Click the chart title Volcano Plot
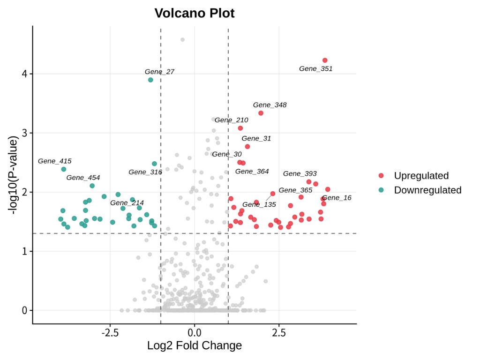point(195,13)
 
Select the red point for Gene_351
point(325,60)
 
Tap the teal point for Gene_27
point(150,80)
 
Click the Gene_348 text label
point(270,105)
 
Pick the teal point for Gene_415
point(64,169)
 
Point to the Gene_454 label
point(83,178)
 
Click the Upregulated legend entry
point(421,176)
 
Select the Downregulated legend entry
point(427,190)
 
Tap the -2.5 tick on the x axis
point(110,333)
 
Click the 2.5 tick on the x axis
point(279,333)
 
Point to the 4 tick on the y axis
point(25,74)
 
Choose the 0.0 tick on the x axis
point(195,333)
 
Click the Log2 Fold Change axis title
point(195,346)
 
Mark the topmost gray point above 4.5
point(182,40)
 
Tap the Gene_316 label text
point(145,172)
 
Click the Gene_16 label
point(337,198)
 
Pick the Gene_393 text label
point(300,174)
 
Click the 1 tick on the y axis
point(25,251)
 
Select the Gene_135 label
point(259,205)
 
